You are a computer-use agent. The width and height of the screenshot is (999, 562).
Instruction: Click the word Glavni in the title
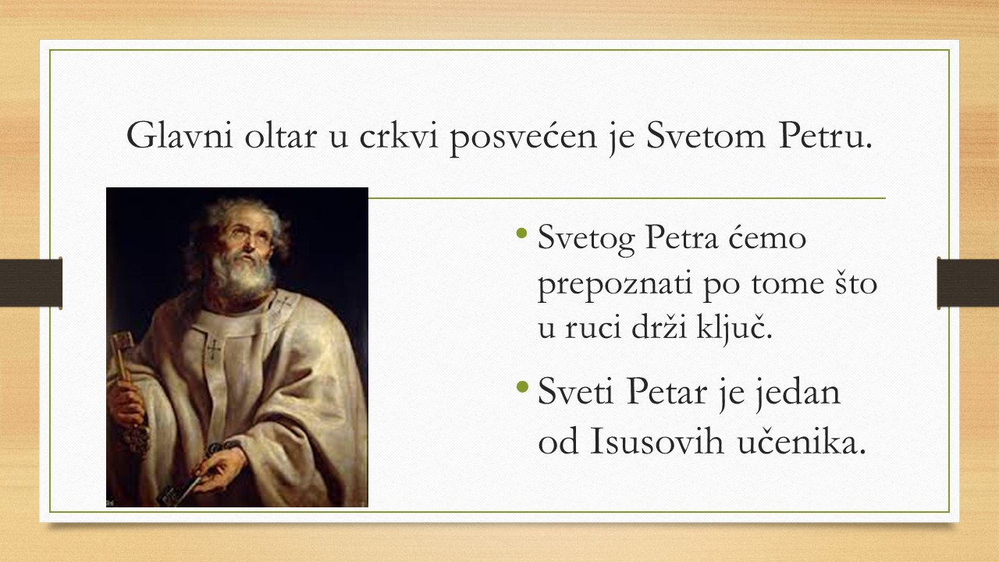pos(180,135)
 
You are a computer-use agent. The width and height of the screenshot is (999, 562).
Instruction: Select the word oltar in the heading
pos(280,135)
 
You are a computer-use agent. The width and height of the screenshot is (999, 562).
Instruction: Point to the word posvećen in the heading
pos(523,138)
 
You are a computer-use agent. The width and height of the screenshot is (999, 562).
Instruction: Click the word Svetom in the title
pos(706,135)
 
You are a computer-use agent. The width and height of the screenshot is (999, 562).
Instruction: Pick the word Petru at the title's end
pos(825,135)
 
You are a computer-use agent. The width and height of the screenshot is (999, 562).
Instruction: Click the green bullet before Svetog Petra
pos(521,233)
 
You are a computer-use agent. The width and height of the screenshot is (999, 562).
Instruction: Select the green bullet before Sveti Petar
pos(521,386)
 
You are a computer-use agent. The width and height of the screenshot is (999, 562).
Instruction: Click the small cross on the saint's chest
pos(214,348)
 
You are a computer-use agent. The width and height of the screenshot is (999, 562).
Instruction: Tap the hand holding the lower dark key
pos(221,468)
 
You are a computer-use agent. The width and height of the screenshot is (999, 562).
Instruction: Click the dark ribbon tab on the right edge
pos(968,283)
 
